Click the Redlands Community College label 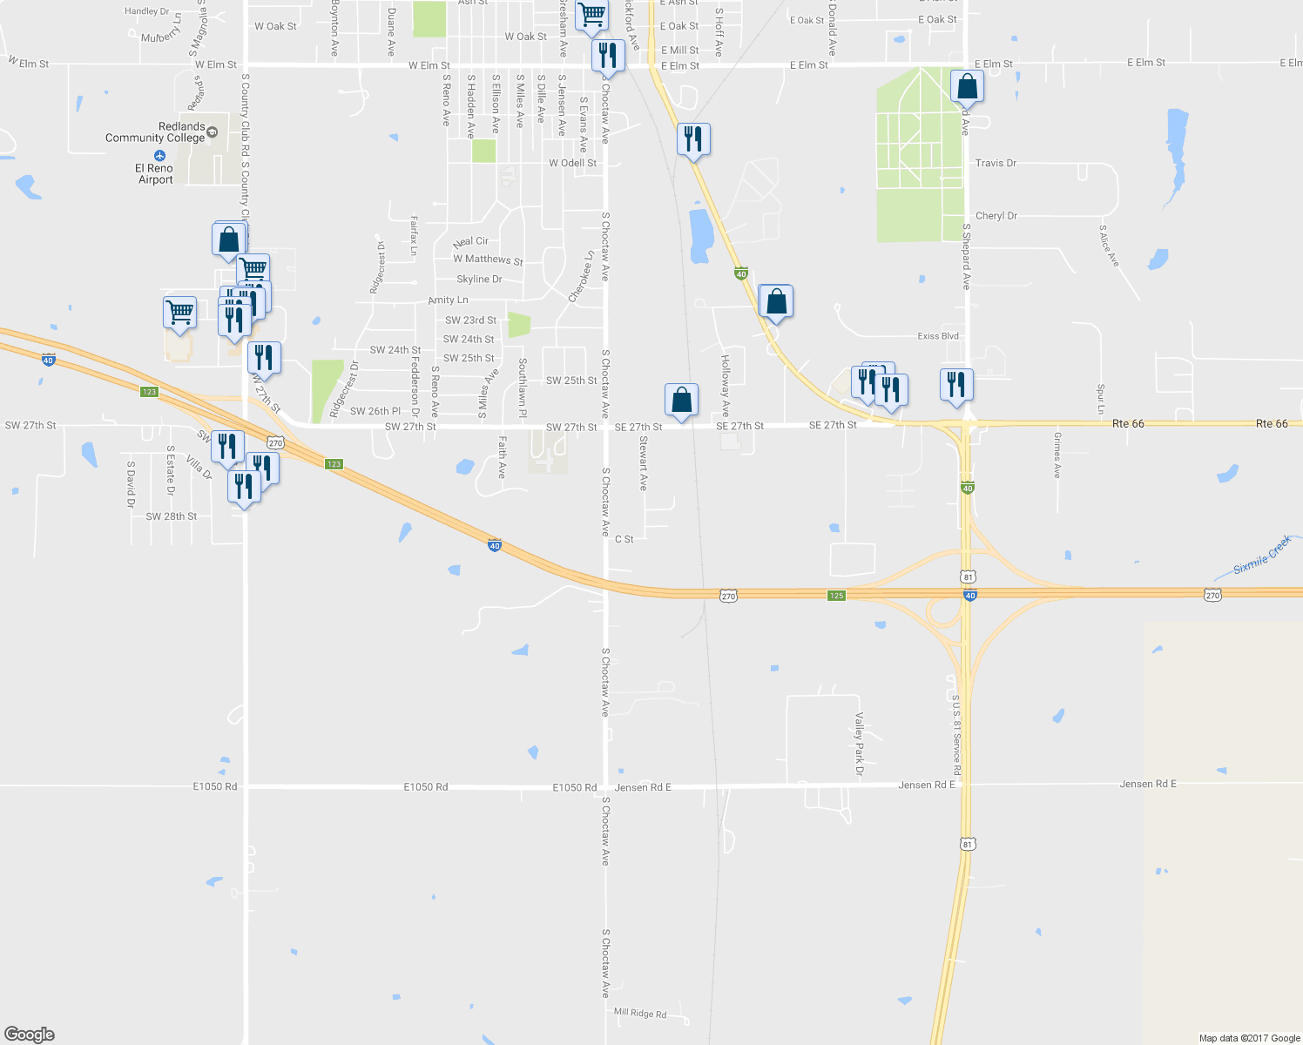tap(155, 132)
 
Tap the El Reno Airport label tap(155, 174)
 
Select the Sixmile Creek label tap(1263, 556)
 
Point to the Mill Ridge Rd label tap(640, 1013)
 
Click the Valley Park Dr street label tap(859, 745)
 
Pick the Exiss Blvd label tap(938, 335)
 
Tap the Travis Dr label tap(996, 163)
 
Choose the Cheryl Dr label tap(996, 216)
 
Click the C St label tap(624, 539)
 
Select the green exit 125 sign tap(836, 596)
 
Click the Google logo tap(29, 1035)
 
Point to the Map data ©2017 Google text tap(1249, 1038)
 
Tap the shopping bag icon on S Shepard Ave tap(967, 87)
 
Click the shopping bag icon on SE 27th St tap(681, 401)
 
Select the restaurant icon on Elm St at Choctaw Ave tap(607, 55)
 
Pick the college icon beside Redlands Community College tap(213, 132)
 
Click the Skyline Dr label tap(479, 280)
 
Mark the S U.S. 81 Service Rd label tap(956, 736)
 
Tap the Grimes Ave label tap(1057, 455)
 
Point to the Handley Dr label tap(146, 11)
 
